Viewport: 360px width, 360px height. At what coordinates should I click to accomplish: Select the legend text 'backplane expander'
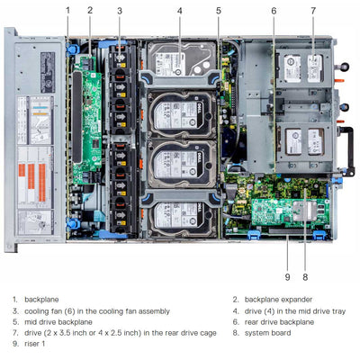pos(274,299)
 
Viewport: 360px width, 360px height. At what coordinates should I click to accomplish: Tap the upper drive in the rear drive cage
pos(302,67)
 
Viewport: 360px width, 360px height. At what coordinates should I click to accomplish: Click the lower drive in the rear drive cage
pos(302,139)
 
